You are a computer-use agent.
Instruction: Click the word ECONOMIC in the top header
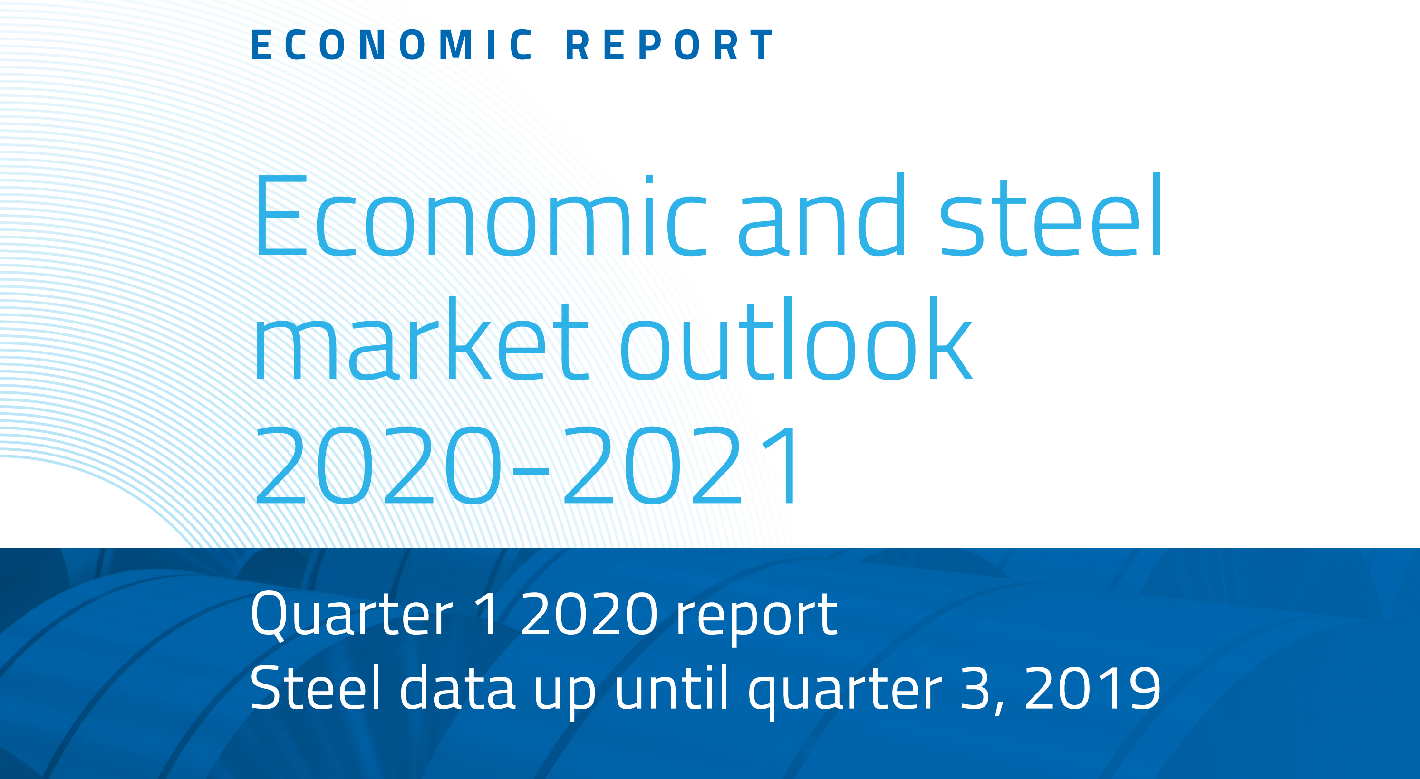392,45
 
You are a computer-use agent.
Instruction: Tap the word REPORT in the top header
670,45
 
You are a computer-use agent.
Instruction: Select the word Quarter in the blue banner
352,614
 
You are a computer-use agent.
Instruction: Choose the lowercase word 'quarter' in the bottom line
845,692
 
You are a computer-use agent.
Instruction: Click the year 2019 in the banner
1092,687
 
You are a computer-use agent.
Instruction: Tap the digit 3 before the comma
976,687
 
